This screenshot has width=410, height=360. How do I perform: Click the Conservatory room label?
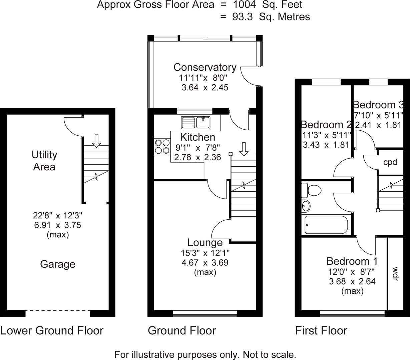205,67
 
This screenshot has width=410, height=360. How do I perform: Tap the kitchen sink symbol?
195,122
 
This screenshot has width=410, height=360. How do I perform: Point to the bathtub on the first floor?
326,225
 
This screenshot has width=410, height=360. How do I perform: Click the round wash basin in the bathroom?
305,206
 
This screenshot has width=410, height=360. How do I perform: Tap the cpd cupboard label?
390,162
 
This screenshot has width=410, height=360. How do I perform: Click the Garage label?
57,264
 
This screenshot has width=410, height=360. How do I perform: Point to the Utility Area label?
44,161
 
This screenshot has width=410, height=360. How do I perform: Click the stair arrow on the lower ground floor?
96,140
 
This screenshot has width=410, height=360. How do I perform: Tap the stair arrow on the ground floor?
244,149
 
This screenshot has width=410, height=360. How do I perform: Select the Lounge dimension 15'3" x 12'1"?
205,253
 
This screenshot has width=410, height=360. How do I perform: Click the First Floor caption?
321,331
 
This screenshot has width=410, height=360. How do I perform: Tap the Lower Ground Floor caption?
52,331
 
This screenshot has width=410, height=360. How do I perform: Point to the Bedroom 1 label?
352,261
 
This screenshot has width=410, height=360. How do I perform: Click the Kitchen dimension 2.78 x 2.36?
197,157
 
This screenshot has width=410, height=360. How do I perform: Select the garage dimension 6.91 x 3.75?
57,225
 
